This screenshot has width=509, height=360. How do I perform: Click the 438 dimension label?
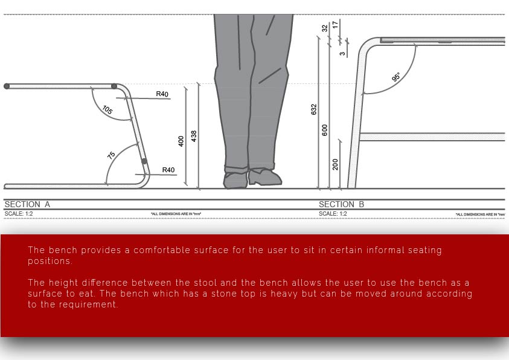coord(194,136)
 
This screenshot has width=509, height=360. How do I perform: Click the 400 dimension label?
coord(181,141)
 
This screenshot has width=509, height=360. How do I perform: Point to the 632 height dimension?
coord(313,109)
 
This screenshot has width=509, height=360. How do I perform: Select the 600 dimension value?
coord(325,130)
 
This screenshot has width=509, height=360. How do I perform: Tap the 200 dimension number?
coord(335,164)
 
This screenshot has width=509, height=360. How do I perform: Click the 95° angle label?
coord(396,77)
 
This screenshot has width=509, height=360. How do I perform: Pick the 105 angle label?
coord(107,110)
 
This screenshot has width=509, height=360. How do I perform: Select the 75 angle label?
coord(111,155)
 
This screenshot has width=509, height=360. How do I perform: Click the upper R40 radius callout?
coord(162,94)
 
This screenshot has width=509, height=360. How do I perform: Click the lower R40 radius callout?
coord(168,170)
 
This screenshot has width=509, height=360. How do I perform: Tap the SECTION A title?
coord(27,204)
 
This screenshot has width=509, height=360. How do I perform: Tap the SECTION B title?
coord(342,204)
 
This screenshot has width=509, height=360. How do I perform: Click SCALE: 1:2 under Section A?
coord(19,214)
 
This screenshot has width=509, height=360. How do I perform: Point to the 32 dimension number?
coord(325,28)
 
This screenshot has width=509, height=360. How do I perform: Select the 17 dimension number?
coord(336,24)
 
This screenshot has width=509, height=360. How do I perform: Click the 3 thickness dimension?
coord(342,54)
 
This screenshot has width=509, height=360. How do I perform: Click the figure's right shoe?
coord(265,177)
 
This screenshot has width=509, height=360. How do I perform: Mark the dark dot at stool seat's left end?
coord(7,86)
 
